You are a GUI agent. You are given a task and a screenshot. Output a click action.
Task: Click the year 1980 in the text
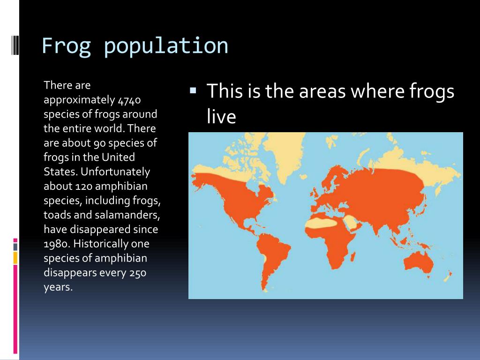click(56, 244)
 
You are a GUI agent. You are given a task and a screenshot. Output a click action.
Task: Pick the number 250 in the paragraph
click(137, 272)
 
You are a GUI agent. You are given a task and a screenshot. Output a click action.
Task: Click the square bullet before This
click(192, 89)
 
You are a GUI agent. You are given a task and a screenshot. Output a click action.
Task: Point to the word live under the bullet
click(221, 117)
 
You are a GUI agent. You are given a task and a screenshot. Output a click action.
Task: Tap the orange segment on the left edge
click(15, 257)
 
